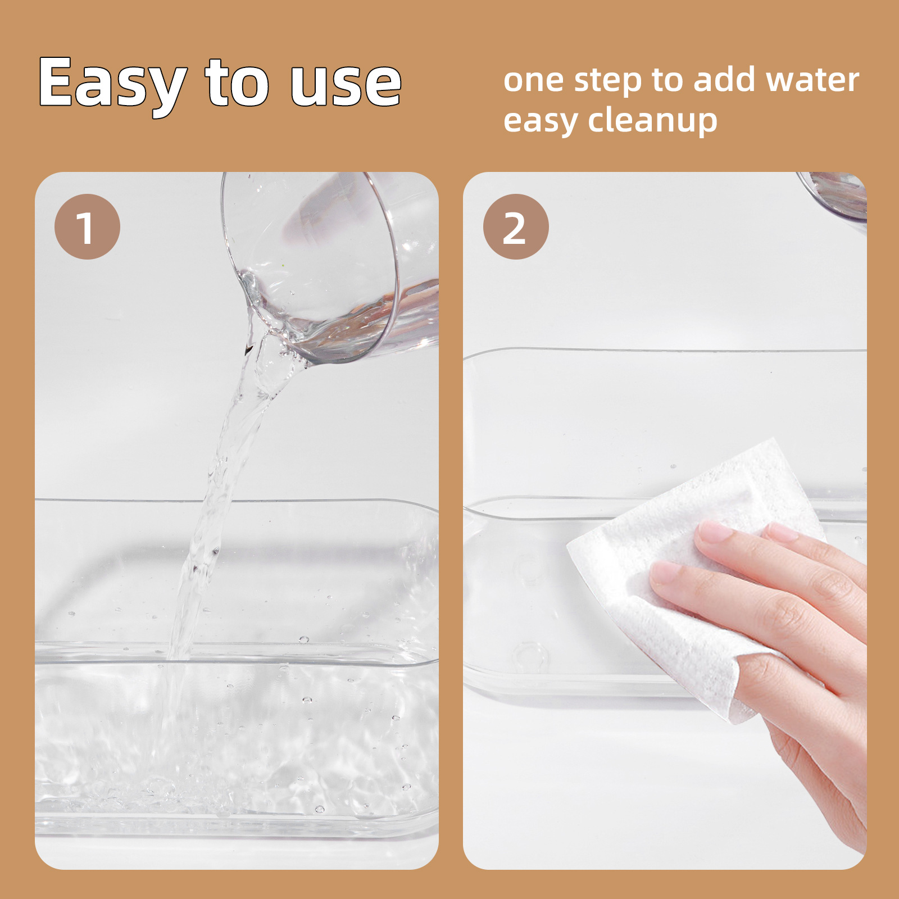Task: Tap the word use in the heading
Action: coord(346,84)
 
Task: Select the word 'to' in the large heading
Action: coord(238,83)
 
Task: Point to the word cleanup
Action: coord(652,121)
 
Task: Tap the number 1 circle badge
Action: coord(87,226)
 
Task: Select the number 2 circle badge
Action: coord(515,226)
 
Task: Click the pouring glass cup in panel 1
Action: coord(332,264)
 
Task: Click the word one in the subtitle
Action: coord(533,81)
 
